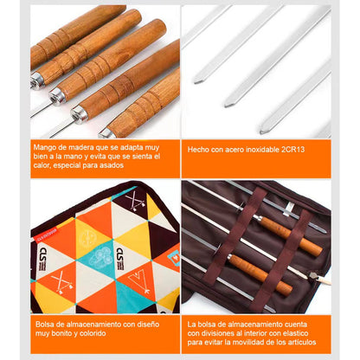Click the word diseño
[x=148, y=325]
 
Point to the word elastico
[x=296, y=333]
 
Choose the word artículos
[x=302, y=343]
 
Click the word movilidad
[x=248, y=343]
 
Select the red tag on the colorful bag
[x=46, y=235]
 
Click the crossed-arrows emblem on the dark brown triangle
[x=135, y=201]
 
